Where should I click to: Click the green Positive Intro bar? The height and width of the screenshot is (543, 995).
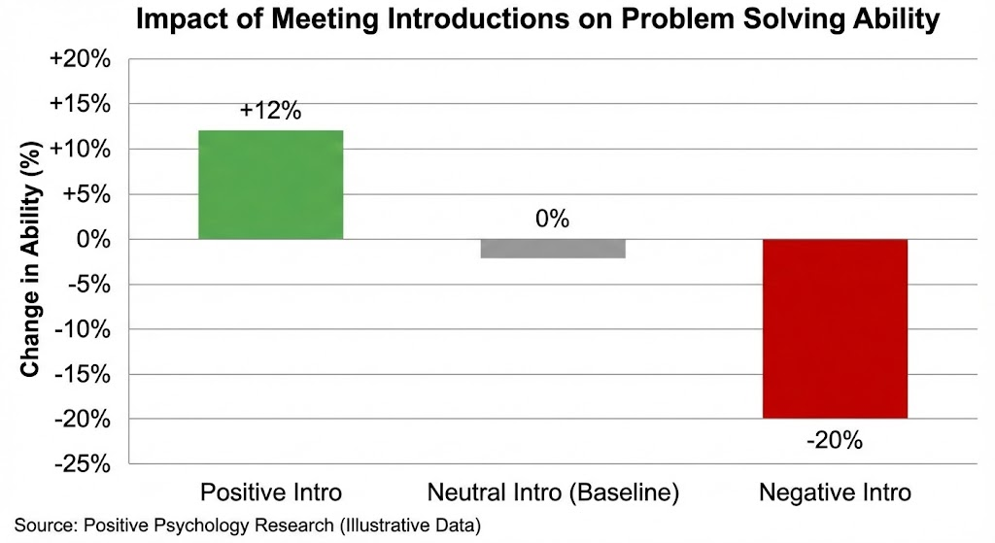coord(270,185)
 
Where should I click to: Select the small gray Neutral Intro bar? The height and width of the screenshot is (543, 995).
coord(552,249)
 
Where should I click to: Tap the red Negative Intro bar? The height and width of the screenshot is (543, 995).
coord(835,328)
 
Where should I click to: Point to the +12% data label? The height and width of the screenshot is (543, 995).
coord(270,111)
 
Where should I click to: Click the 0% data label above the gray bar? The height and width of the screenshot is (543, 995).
coord(552,219)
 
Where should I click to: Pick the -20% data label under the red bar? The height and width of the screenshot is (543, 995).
coord(835,440)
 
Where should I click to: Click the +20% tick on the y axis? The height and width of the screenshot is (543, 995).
coord(85,60)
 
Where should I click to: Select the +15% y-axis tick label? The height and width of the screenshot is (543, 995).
coord(85,105)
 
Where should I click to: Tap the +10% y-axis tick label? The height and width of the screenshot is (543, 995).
coord(85,150)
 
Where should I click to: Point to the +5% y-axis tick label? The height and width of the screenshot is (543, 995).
coord(89,194)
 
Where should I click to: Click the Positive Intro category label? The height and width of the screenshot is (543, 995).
coord(270,492)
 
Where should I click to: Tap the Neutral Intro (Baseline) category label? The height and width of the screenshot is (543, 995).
coord(552,492)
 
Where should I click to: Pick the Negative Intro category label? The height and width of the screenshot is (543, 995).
coord(835,492)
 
